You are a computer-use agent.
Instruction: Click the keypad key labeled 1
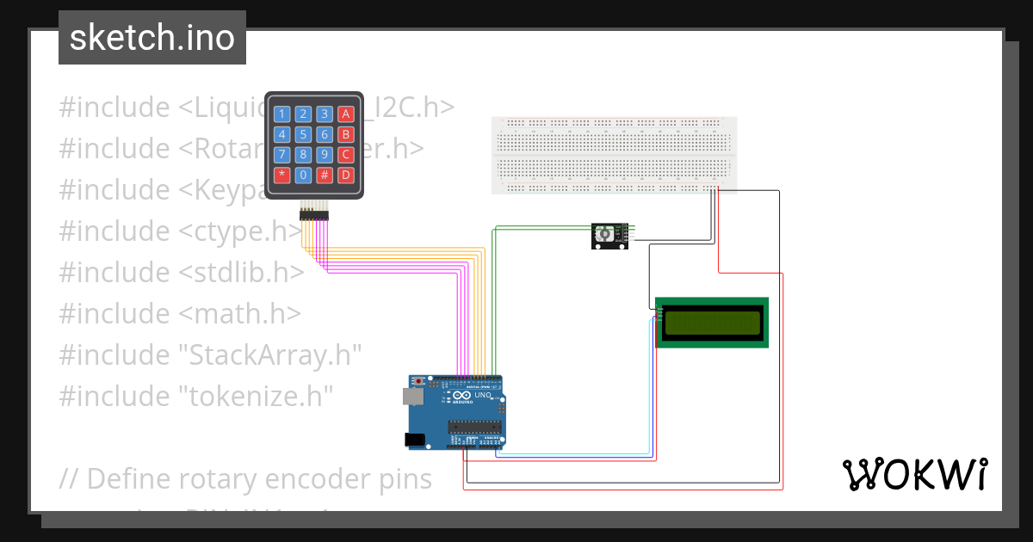coord(281,114)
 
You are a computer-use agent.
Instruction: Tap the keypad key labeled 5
coord(303,135)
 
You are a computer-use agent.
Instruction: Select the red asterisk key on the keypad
coord(281,176)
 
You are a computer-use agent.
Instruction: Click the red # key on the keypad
coord(325,176)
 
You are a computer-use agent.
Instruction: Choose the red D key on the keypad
coord(345,176)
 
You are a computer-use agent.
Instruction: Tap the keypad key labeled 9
coord(325,155)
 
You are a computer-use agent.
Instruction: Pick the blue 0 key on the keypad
coord(303,176)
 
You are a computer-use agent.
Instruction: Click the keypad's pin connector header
coord(313,214)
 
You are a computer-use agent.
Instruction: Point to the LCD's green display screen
coord(711,323)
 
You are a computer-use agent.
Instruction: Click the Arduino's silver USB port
coord(412,396)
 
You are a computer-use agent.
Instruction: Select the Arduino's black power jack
coord(415,440)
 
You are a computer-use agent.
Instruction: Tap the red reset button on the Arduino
coord(419,381)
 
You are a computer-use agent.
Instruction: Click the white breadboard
coord(614,155)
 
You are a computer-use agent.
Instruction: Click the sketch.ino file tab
coord(152,38)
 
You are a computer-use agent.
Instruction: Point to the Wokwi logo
coord(914,475)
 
